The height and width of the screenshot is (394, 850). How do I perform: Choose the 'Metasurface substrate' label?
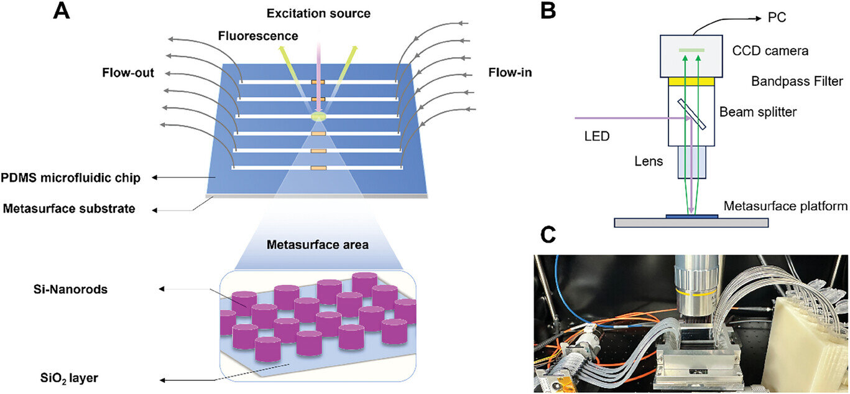[69, 209]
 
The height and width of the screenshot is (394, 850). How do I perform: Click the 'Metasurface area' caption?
[318, 245]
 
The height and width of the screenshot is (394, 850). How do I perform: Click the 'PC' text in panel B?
[777, 17]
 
